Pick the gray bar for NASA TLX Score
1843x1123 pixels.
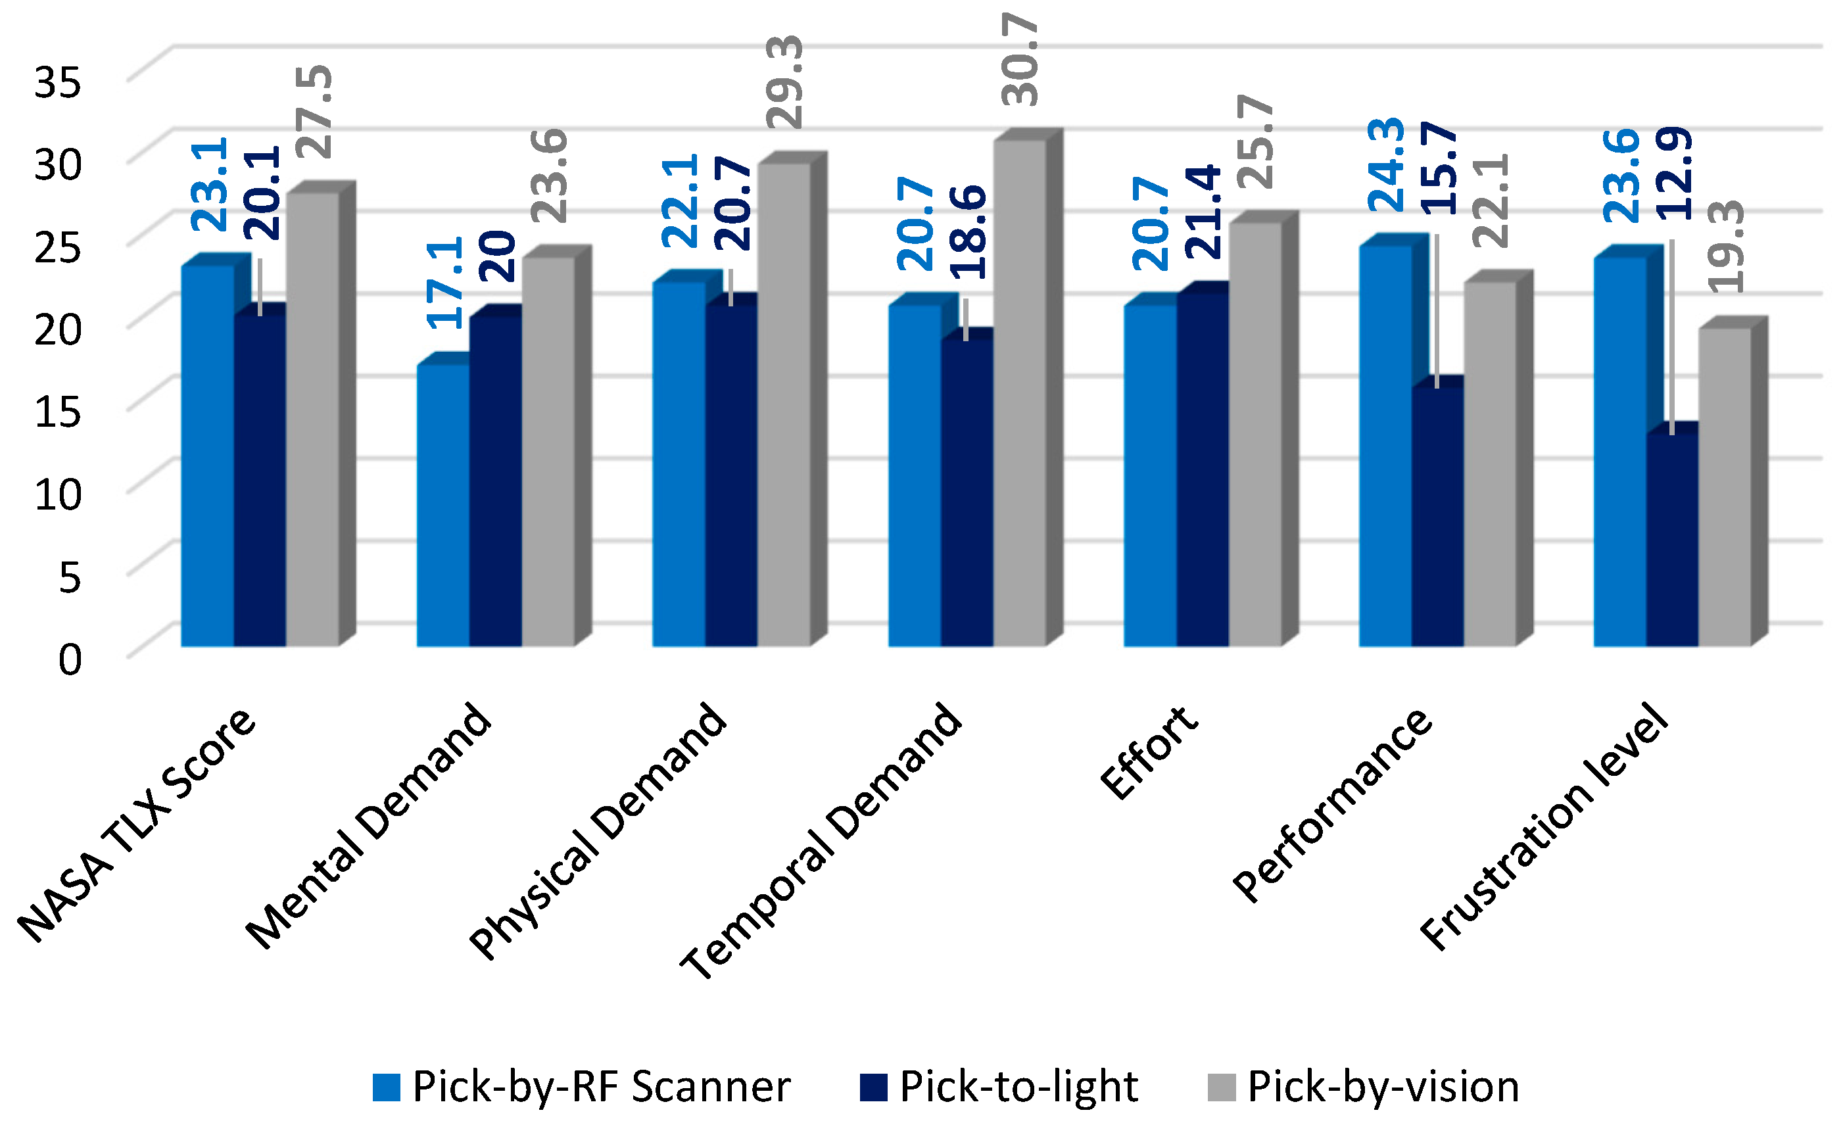pyautogui.click(x=312, y=419)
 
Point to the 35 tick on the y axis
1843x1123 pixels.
pyautogui.click(x=57, y=82)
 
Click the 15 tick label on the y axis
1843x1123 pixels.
pyautogui.click(x=57, y=412)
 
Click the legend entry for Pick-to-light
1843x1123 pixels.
pyautogui.click(x=999, y=1086)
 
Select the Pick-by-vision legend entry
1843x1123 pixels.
pyautogui.click(x=1363, y=1086)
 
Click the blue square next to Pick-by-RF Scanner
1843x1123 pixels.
pyautogui.click(x=387, y=1087)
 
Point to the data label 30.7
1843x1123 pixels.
pyautogui.click(x=1020, y=60)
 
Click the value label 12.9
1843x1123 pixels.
pyautogui.click(x=1674, y=174)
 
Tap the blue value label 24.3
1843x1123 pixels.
pyautogui.click(x=1386, y=164)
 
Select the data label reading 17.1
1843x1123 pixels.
pyautogui.click(x=444, y=283)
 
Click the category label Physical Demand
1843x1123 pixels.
pyautogui.click(x=598, y=830)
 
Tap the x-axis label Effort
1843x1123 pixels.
pyautogui.click(x=1148, y=752)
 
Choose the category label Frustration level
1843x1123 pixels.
pyautogui.click(x=1544, y=826)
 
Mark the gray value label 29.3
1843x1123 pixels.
pyautogui.click(x=784, y=82)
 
